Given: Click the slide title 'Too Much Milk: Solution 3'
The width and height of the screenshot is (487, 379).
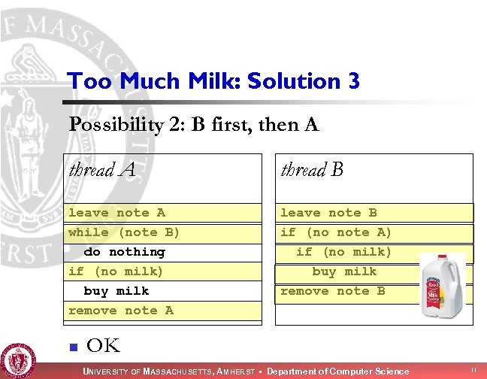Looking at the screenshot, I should pos(213,80).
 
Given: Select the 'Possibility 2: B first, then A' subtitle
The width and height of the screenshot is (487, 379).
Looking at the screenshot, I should pos(194,124).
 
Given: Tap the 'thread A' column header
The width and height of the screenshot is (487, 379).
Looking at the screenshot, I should pos(102,170).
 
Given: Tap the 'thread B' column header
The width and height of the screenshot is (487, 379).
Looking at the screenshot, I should pos(312,170).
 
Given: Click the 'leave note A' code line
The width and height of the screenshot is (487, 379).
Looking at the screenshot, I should pos(116,213).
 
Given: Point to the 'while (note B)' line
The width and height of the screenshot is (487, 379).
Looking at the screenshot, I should pos(124,232).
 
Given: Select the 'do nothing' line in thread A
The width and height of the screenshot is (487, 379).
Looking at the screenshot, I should pos(124,252).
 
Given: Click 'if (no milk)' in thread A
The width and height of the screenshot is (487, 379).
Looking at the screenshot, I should pos(116,271).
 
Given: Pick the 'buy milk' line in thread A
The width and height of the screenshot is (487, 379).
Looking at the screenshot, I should pos(116,291).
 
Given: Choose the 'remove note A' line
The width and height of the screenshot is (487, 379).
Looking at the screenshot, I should pos(120,311).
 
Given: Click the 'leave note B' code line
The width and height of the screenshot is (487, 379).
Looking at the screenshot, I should pos(328,213).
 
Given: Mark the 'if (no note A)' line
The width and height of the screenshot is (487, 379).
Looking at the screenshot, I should pos(336,232).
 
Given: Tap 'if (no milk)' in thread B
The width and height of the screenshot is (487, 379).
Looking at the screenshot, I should pos(343,252).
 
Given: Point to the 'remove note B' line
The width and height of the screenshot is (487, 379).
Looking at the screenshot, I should pos(332,291).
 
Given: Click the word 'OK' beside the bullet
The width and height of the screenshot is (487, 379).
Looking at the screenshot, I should pos(104,346).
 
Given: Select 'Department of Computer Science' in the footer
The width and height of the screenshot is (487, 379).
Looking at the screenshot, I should pos(337,371).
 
